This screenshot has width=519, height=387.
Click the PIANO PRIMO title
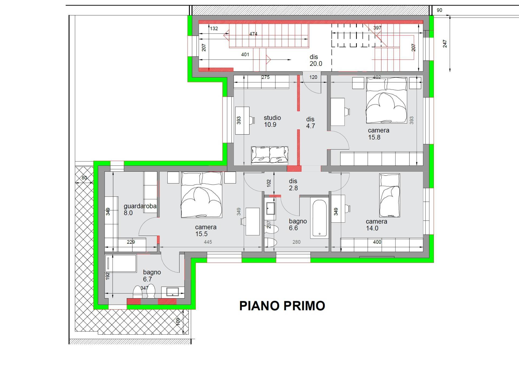click(282, 306)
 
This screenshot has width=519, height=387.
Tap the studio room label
click(272, 118)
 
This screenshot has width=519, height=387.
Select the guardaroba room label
click(140, 206)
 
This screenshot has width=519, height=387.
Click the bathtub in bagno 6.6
click(319, 218)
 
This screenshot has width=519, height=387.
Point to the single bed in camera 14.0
click(390, 195)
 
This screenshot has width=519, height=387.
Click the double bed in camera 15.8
click(386, 100)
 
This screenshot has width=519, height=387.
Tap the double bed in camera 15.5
click(202, 195)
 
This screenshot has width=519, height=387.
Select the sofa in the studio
click(270, 155)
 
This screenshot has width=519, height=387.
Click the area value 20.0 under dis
click(316, 64)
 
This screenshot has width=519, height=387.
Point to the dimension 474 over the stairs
click(253, 34)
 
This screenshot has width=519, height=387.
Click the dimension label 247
click(445, 44)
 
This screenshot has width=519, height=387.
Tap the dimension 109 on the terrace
click(178, 321)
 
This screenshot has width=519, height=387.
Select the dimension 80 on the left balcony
click(84, 178)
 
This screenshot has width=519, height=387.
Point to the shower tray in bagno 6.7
click(121, 263)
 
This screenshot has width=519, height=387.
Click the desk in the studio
click(242, 120)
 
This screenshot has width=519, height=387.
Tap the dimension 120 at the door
click(313, 77)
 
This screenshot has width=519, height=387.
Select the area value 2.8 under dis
click(293, 188)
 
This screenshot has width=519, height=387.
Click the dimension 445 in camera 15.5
click(208, 242)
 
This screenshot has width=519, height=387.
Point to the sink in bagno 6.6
click(270, 208)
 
